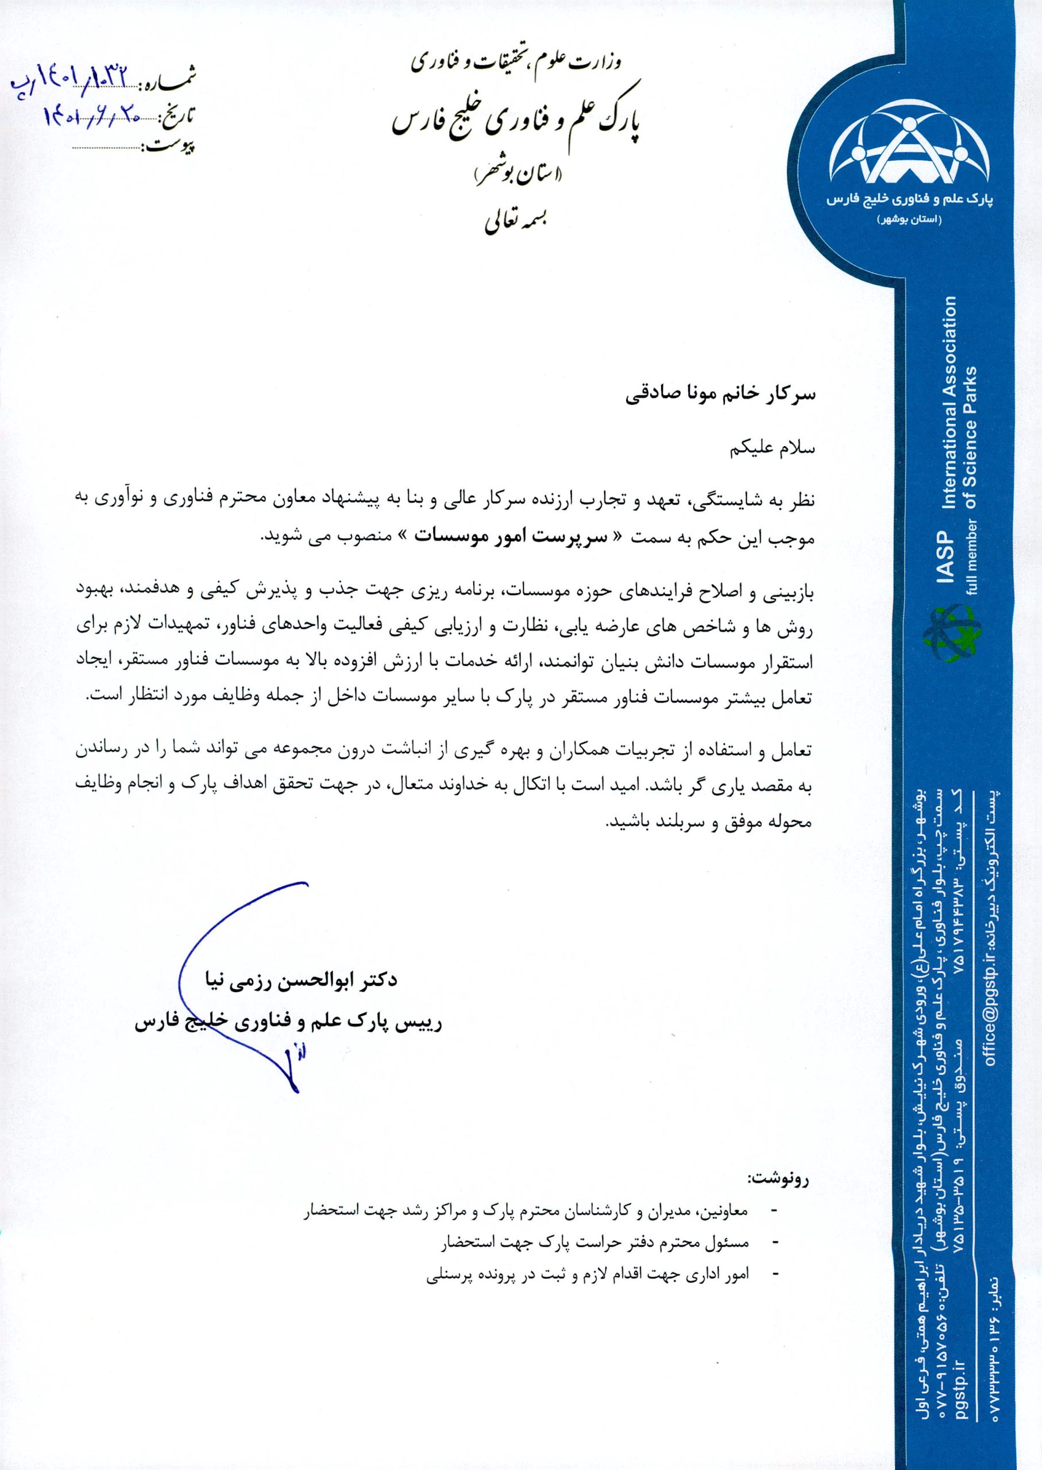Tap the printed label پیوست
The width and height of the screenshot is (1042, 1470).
pos(172,147)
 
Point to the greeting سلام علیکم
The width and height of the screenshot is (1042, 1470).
pos(773,448)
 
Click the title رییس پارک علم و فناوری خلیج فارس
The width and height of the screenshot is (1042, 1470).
pos(288,1023)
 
